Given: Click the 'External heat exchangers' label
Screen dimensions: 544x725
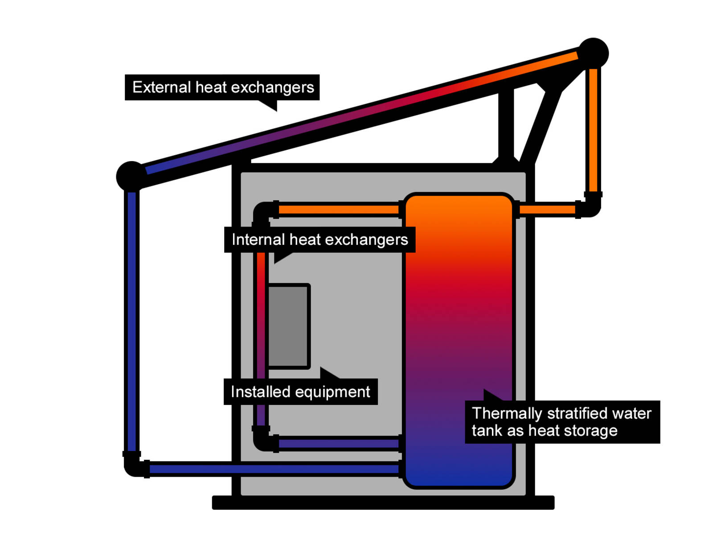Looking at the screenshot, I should click(x=222, y=87).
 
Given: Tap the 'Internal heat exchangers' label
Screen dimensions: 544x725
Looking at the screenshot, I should click(x=319, y=239).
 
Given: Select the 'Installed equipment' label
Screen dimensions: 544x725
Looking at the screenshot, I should click(x=300, y=392).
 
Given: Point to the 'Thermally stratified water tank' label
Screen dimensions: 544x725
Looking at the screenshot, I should click(x=562, y=422).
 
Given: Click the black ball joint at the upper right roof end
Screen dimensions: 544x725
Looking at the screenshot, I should click(x=593, y=53).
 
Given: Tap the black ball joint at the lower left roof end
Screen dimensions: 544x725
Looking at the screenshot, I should click(x=130, y=176).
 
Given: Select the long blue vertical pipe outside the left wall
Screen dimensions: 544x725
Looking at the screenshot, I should click(x=131, y=321).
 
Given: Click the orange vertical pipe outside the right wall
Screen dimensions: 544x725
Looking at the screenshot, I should click(x=593, y=129).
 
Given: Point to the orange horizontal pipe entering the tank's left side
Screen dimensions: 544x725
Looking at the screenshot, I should click(x=339, y=210).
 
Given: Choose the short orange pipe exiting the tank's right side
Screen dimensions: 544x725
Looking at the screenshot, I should click(x=547, y=210).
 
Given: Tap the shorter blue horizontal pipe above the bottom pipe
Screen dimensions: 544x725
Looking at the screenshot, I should click(x=339, y=444).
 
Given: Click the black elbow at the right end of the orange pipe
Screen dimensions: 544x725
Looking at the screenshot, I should click(x=591, y=207).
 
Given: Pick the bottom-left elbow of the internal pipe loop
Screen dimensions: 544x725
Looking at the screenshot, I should click(x=263, y=441).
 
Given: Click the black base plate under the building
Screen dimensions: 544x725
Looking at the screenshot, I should click(x=383, y=503).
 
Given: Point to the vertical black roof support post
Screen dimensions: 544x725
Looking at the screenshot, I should click(x=506, y=125).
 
